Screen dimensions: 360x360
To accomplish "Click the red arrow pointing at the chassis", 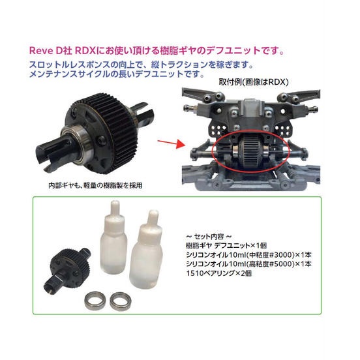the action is coord(172,143).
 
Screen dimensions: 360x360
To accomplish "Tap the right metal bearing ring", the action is coord(120,301).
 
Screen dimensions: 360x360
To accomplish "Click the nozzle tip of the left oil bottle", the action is coord(115,202).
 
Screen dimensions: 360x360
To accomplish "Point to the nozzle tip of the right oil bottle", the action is coord(153,212).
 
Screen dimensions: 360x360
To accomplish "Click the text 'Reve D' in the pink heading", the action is coord(46,51).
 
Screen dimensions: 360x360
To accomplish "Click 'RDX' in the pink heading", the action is coord(85,51).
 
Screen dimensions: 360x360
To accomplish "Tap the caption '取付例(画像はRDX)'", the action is coord(253,82).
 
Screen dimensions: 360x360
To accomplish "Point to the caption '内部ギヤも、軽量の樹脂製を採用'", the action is coord(95,185).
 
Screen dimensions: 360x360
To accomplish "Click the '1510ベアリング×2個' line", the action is coord(218,273).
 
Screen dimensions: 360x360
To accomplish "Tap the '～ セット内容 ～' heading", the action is coord(209,236).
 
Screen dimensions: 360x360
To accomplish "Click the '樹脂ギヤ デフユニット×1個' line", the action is coord(226,245).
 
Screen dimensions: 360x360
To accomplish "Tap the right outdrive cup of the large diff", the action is coord(142,113).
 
